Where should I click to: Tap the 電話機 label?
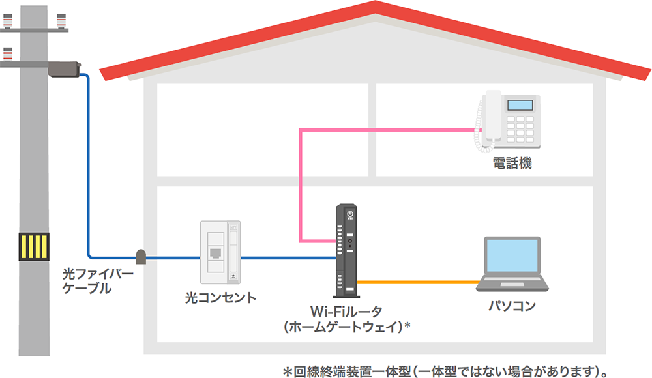(x=512, y=163)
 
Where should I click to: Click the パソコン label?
(x=512, y=306)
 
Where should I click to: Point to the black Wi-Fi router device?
(x=346, y=250)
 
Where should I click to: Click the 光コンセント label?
(x=220, y=298)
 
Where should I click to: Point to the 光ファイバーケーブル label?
(x=97, y=280)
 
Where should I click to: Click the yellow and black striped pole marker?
(x=33, y=247)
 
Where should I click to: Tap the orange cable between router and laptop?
(x=417, y=282)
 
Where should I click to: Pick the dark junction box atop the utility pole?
(x=63, y=67)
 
